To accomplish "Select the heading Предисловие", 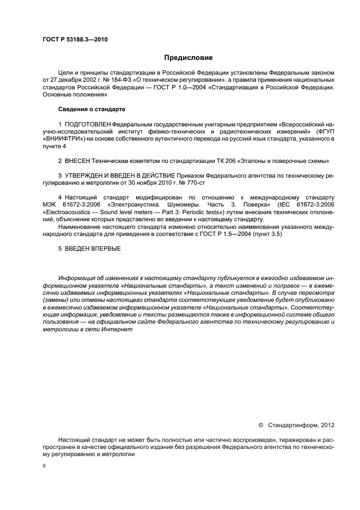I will (188, 57).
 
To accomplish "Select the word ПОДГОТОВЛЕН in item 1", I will (84, 125).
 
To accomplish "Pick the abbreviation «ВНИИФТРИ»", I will (61, 139).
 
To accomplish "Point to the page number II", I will (44, 466).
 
